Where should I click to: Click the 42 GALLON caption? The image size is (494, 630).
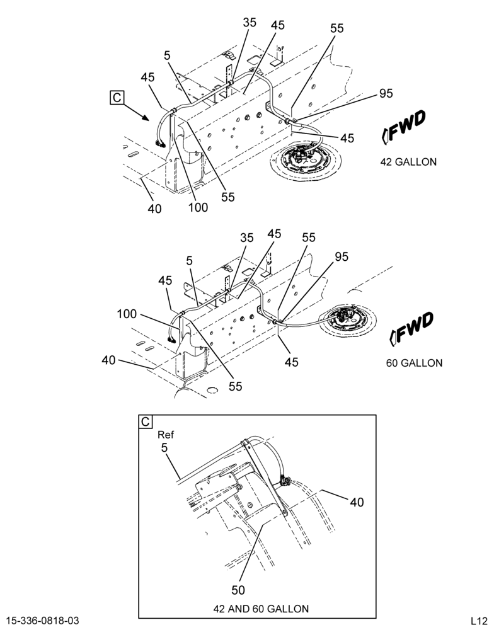pyautogui.click(x=408, y=162)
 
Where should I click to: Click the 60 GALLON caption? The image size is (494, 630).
pyautogui.click(x=414, y=363)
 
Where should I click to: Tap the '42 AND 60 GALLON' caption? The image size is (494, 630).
pyautogui.click(x=261, y=609)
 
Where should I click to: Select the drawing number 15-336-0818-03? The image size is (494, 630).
pyautogui.click(x=43, y=621)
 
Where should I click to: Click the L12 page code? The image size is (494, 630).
pyautogui.click(x=479, y=621)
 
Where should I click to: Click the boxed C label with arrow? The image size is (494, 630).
pyautogui.click(x=117, y=98)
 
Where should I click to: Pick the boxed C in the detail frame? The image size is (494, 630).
pyautogui.click(x=145, y=421)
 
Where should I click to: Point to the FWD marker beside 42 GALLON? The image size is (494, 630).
pyautogui.click(x=403, y=127)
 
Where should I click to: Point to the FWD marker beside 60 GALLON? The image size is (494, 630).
pyautogui.click(x=411, y=328)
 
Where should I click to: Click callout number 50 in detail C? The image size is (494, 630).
pyautogui.click(x=238, y=590)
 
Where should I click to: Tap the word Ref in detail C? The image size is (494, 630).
pyautogui.click(x=166, y=434)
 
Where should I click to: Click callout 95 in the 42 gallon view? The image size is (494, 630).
pyautogui.click(x=386, y=93)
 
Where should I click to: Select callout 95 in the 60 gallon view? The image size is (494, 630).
pyautogui.click(x=342, y=256)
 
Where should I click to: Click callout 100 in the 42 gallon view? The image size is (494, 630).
pyautogui.click(x=198, y=207)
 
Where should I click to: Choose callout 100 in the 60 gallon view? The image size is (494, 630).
pyautogui.click(x=127, y=314)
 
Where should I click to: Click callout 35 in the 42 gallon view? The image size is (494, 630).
pyautogui.click(x=250, y=22)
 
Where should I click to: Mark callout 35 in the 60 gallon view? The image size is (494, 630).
pyautogui.click(x=247, y=238)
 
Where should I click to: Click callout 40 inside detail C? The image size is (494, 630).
pyautogui.click(x=357, y=502)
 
